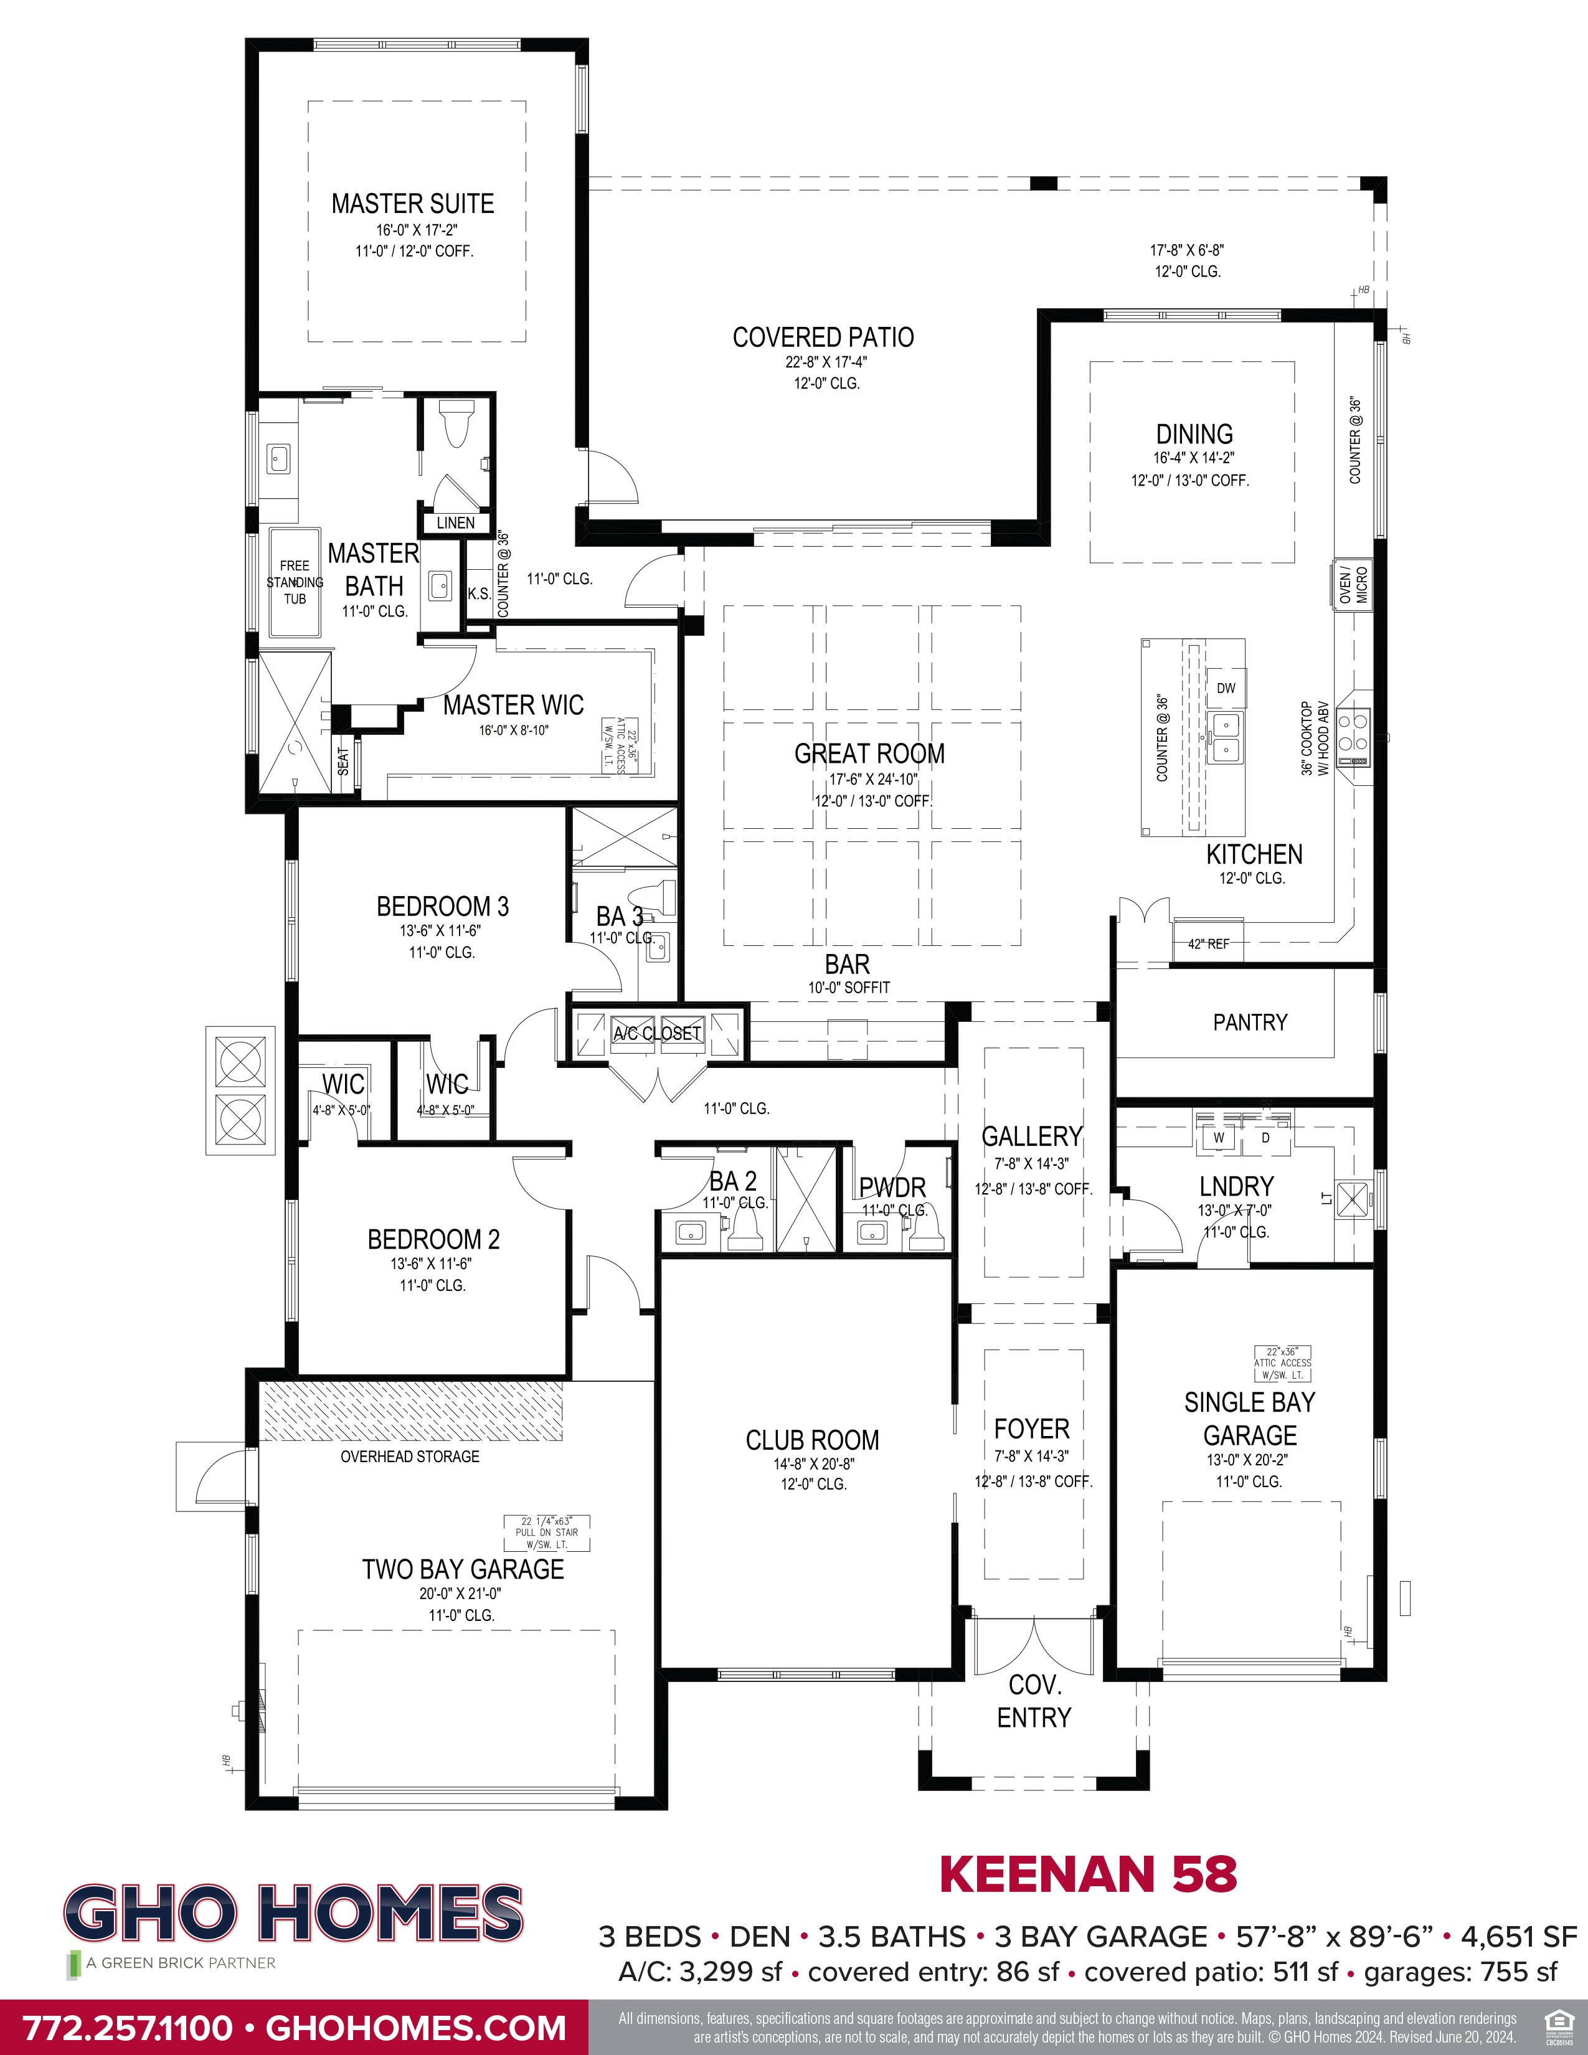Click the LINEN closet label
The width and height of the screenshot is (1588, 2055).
point(455,523)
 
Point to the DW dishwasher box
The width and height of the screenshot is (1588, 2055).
point(1226,688)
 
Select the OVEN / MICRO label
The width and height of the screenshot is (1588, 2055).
point(1353,585)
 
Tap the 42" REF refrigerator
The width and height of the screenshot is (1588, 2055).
point(1208,943)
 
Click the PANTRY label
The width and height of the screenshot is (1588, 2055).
point(1249,1022)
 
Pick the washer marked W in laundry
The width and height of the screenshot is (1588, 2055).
point(1218,1138)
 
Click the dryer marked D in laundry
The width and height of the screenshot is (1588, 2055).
point(1265,1138)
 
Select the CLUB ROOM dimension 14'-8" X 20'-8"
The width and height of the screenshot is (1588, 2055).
point(813,1464)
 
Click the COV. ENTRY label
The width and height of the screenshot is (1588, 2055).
point(1034,1701)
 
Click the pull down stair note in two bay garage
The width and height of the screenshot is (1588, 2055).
point(547,1532)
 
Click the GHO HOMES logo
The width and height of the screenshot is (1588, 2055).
point(293,1914)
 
